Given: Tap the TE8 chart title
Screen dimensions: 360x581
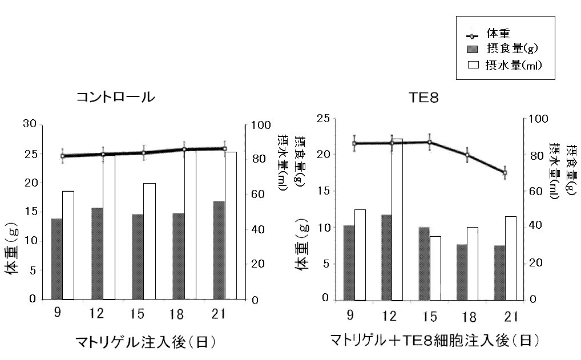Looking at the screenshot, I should click(423, 98).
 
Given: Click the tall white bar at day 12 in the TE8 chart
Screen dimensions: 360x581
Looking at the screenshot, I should click(397, 219).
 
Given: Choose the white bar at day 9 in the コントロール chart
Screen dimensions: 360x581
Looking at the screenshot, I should click(68, 245).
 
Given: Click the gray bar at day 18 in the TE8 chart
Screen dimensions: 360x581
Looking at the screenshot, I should click(461, 272).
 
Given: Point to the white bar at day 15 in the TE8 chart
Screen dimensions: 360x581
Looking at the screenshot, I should click(435, 268).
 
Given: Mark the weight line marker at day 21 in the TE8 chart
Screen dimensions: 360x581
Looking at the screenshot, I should click(505, 172).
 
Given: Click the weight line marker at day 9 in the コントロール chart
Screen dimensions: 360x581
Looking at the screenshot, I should click(63, 156).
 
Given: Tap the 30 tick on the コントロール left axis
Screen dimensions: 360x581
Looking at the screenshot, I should click(30, 124).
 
